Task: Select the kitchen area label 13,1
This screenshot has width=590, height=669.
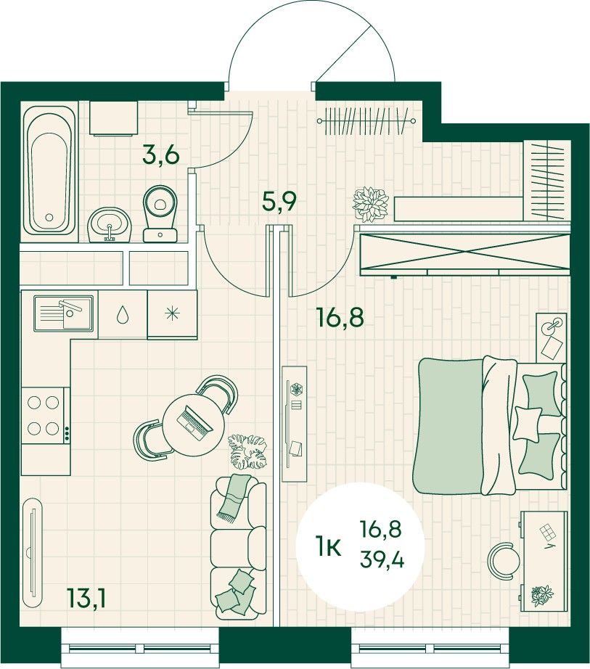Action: point(86,598)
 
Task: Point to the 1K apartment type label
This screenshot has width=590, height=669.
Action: point(328,546)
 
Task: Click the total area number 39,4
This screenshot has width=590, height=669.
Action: point(382,559)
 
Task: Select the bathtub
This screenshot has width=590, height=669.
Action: point(49,170)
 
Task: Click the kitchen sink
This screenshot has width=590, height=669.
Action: point(63,313)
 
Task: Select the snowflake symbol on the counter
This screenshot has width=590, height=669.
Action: point(172,314)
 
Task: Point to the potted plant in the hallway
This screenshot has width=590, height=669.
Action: point(370,205)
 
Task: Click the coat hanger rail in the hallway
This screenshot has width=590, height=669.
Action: point(366,121)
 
